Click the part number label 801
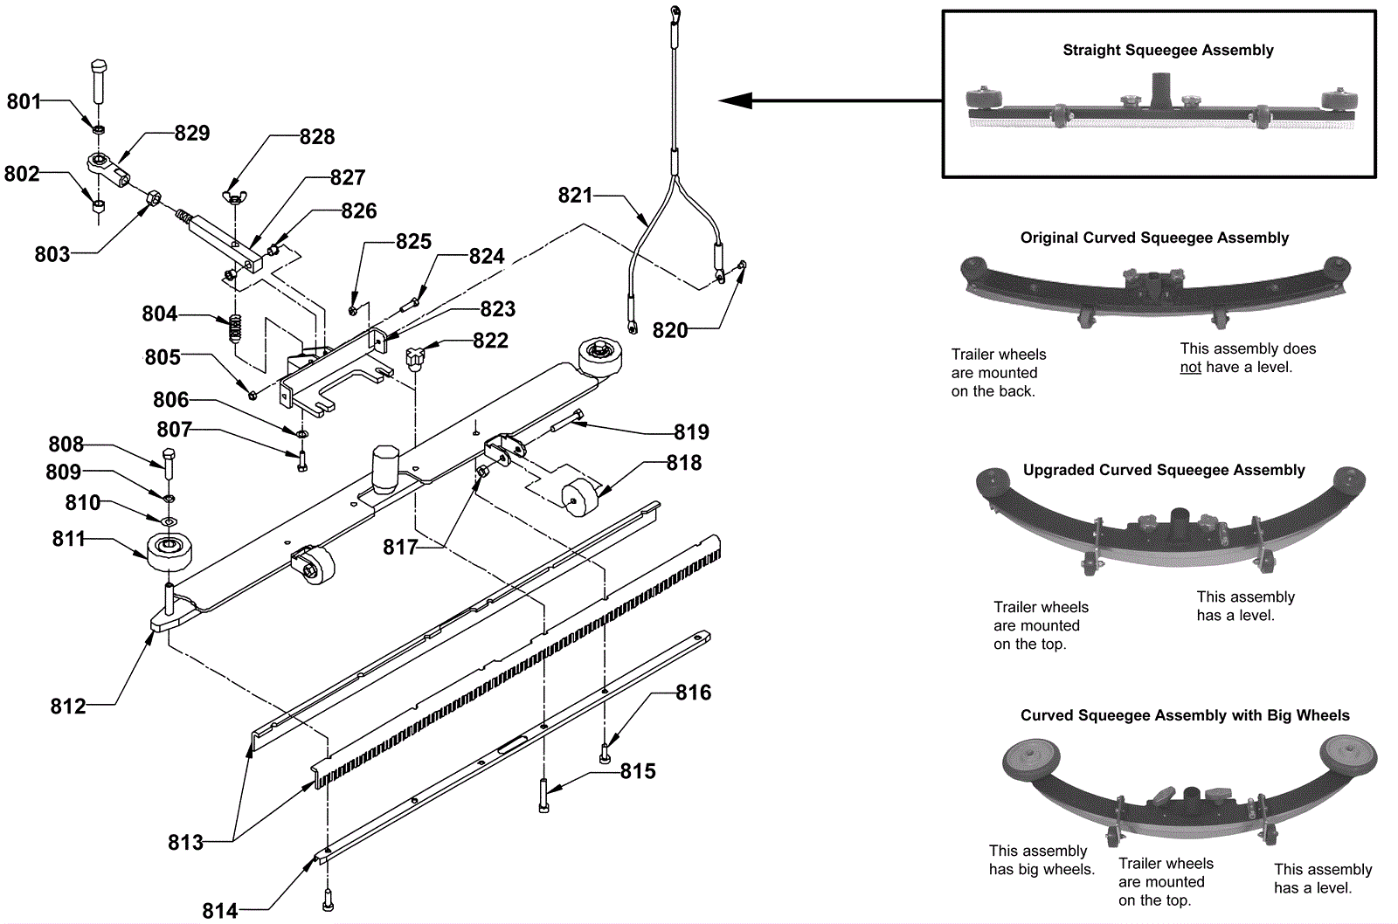pos(24,101)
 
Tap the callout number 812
pos(68,706)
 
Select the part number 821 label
pos(575,196)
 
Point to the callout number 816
pos(694,692)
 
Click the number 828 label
pos(317,136)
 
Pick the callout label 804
pos(160,314)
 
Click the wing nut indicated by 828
pos(232,197)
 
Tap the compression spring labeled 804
pos(235,328)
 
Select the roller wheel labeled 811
pos(170,552)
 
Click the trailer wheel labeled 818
pos(579,497)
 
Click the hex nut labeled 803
pos(153,199)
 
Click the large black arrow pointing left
pos(830,100)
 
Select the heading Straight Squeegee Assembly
pos(1167,50)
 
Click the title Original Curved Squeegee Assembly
pos(1154,238)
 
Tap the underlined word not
pos(1190,367)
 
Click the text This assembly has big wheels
pos(1042,859)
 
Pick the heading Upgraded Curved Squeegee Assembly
pos(1164,470)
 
